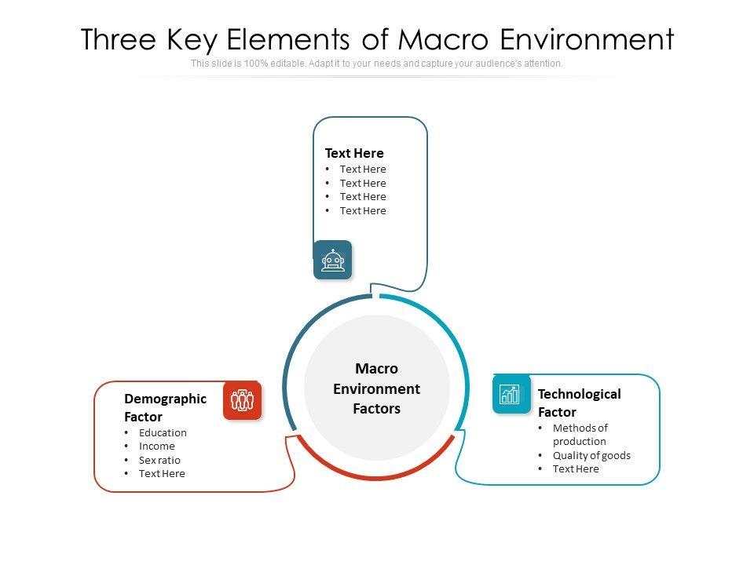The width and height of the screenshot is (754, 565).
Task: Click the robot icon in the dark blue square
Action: (333, 260)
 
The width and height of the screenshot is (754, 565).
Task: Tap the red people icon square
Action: (242, 400)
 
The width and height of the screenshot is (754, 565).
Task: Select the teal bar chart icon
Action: (511, 393)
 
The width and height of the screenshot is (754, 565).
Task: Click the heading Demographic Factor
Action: (165, 407)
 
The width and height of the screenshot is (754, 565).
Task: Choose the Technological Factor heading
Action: (579, 403)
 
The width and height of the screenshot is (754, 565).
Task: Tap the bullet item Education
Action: (163, 432)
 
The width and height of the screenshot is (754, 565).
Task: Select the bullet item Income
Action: (157, 446)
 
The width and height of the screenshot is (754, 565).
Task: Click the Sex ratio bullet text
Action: (159, 460)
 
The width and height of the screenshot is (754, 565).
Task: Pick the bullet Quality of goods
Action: (591, 455)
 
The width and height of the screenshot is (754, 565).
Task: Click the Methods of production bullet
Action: (580, 435)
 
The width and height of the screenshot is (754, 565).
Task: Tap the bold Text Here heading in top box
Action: (354, 153)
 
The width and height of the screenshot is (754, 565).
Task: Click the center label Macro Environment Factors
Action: (377, 388)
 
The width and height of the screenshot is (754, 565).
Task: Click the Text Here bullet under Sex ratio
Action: (162, 473)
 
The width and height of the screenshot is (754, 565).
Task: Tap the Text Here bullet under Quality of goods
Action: (576, 468)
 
